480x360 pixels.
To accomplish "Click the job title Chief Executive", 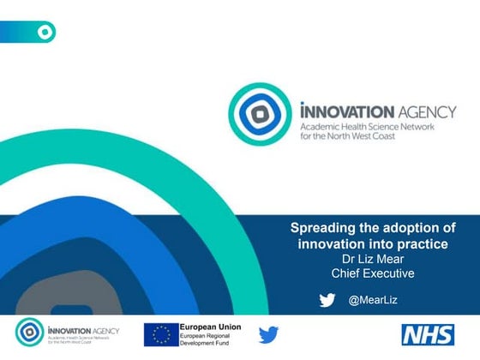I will (x=372, y=273).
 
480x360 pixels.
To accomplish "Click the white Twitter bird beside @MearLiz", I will (x=327, y=300).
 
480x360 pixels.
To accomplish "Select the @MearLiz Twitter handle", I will (x=373, y=300).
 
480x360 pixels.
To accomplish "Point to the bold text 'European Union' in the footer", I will (x=210, y=327).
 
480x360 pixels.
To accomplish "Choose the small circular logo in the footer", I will (x=31, y=333).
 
